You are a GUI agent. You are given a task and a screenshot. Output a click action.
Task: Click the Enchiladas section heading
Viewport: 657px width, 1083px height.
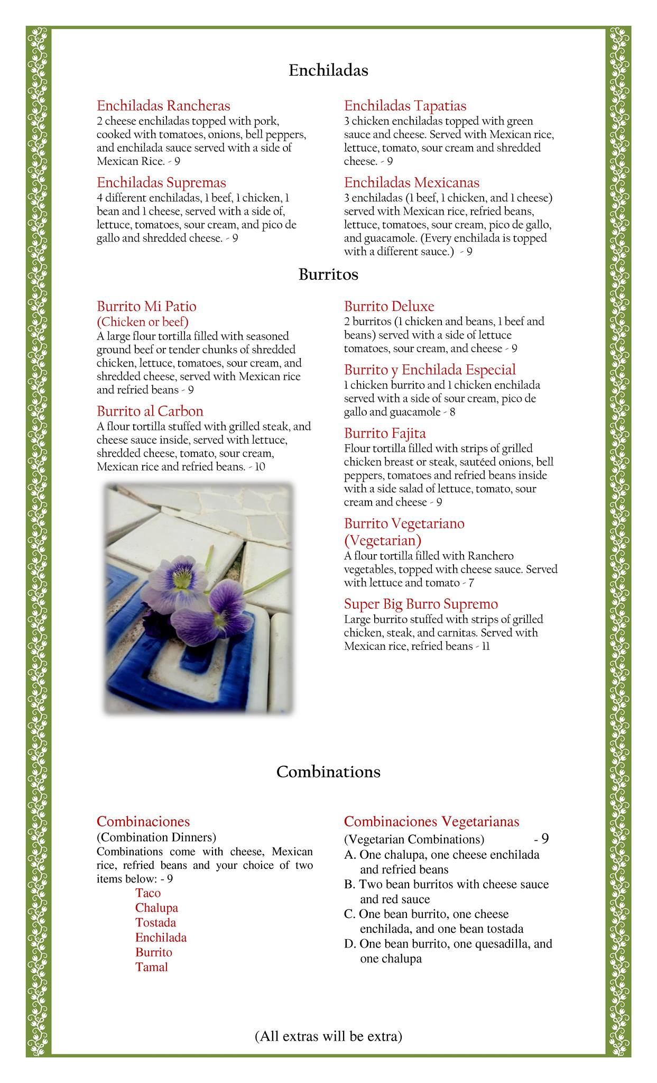[328, 70]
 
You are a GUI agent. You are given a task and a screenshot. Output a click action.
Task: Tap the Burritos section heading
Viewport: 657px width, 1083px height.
[328, 275]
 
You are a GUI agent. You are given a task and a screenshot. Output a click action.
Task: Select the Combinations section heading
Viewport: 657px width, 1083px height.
[328, 772]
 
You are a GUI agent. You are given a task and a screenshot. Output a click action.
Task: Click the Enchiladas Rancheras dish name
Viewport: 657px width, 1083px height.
[163, 106]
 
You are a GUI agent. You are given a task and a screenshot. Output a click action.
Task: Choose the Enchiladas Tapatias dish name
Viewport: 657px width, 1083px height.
[405, 106]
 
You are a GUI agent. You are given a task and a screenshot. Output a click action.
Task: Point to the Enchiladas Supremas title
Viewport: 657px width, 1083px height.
[161, 182]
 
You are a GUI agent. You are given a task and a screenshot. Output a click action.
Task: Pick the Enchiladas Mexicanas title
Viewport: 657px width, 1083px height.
[412, 182]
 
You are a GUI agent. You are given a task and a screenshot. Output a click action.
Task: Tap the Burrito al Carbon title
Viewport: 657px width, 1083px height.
[150, 411]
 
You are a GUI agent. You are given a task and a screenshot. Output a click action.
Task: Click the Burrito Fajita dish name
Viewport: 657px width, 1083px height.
[385, 434]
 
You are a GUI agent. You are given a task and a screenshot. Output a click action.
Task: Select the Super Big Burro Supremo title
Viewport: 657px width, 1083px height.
[421, 604]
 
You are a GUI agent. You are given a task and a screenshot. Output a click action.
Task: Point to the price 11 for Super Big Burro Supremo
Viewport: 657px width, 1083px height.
[486, 646]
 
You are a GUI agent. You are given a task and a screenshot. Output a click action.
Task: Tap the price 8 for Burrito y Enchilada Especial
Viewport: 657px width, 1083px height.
[452, 412]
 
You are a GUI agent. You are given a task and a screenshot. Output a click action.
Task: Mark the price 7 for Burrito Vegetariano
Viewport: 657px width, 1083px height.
[471, 583]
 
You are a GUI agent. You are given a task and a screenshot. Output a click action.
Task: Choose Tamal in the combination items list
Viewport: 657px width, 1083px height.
[151, 967]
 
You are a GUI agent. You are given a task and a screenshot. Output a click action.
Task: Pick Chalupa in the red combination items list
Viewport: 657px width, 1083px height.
[156, 908]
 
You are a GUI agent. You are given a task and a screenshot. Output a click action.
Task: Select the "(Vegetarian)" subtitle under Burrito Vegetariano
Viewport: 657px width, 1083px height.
[383, 540]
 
